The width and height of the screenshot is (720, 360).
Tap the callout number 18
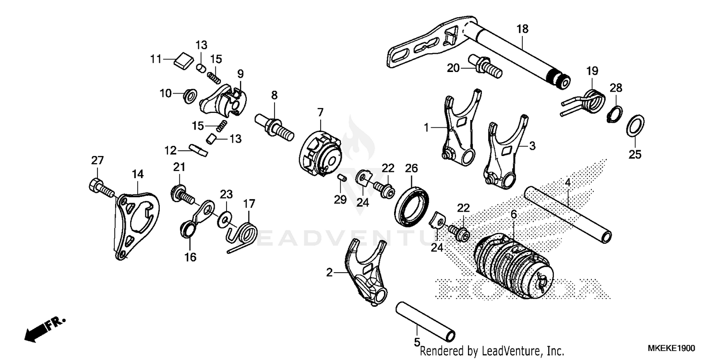click(522, 29)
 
